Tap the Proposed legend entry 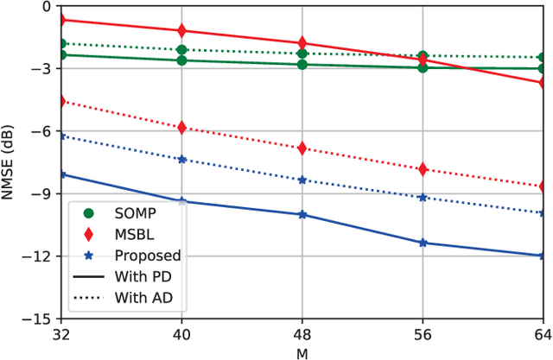point(147,255)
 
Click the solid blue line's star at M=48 point(302,214)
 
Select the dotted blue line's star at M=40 point(181,160)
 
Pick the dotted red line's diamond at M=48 point(302,148)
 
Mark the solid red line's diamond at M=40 point(181,31)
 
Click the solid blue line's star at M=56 point(423,243)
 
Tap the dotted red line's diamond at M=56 point(423,169)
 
